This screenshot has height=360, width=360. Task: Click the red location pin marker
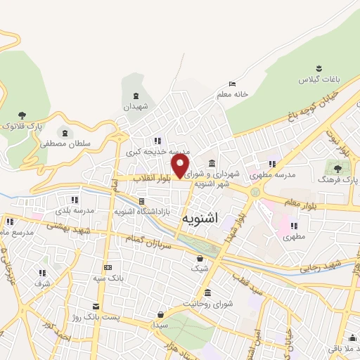pos(181,166)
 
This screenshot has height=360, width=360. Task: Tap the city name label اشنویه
pos(200,219)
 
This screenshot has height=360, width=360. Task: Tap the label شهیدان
pos(136,107)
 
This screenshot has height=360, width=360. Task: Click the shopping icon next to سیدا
pos(162,314)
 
